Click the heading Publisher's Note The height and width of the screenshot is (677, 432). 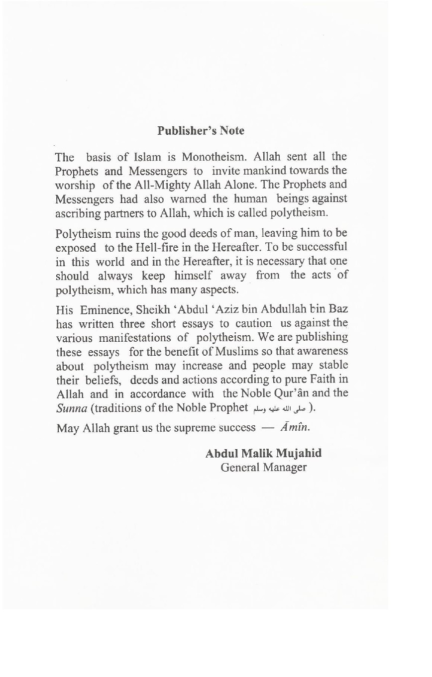tap(201, 131)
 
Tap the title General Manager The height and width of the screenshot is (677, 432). tap(263, 468)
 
